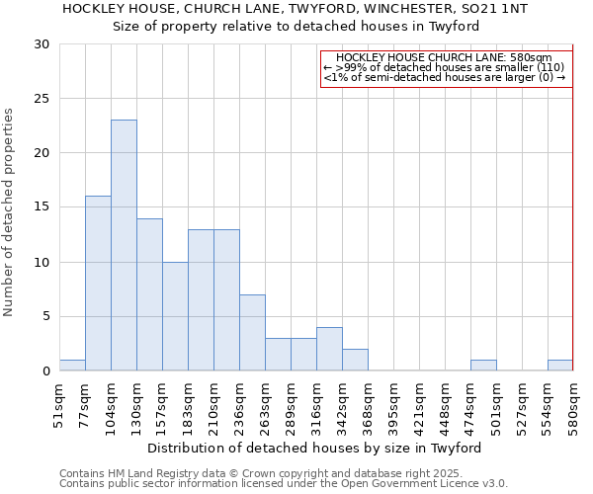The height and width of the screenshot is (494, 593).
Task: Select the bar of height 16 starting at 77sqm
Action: tap(98, 284)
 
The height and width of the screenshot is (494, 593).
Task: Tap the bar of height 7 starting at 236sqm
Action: tap(252, 333)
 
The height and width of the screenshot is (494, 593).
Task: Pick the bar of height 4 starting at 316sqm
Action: tap(329, 349)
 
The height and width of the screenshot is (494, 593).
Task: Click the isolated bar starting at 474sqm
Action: tap(483, 366)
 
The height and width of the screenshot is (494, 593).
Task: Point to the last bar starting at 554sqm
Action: tap(560, 366)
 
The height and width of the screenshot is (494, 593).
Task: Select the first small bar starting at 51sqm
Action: tap(72, 366)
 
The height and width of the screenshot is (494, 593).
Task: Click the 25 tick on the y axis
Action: tap(42, 99)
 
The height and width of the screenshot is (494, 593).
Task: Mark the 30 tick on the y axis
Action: tap(42, 44)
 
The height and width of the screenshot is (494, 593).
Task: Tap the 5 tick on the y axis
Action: tap(45, 317)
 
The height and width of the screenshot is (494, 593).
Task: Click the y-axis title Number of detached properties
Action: tap(9, 212)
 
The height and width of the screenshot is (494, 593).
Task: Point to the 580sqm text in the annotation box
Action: tap(521, 58)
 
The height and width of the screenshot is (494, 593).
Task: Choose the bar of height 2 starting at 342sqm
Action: tap(355, 360)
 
